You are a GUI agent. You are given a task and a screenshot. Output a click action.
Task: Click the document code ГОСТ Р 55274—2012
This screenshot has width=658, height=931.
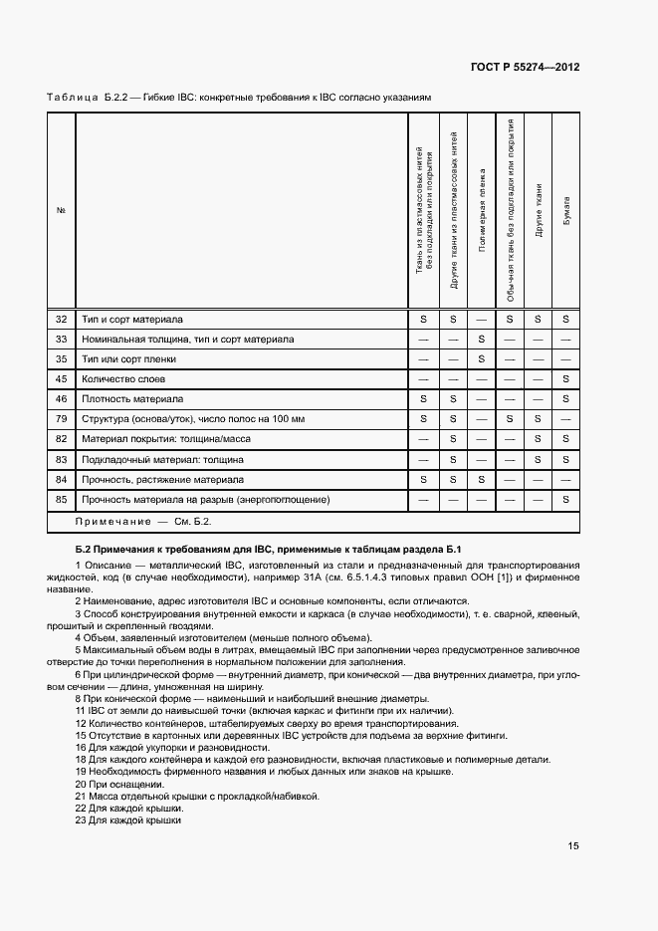[x=526, y=68]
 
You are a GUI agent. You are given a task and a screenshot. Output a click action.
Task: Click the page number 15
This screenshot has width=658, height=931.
[x=573, y=846]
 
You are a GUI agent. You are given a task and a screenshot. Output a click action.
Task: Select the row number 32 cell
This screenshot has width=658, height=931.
[x=61, y=320]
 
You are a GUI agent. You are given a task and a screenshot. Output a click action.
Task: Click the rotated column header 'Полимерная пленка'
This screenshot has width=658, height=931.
[x=481, y=214]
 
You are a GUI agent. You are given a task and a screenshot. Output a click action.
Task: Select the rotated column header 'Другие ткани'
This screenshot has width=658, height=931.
[x=538, y=210]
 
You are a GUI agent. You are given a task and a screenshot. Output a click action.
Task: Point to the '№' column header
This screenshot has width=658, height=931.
[x=61, y=209]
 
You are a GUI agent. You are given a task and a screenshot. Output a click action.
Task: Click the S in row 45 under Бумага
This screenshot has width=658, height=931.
[x=565, y=379]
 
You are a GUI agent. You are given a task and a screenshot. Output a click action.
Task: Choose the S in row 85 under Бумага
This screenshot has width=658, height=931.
[x=565, y=500]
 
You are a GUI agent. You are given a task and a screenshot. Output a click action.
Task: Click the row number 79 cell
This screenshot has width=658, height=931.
[x=61, y=419]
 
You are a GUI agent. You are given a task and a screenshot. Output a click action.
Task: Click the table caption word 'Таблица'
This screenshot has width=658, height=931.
[x=70, y=98]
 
